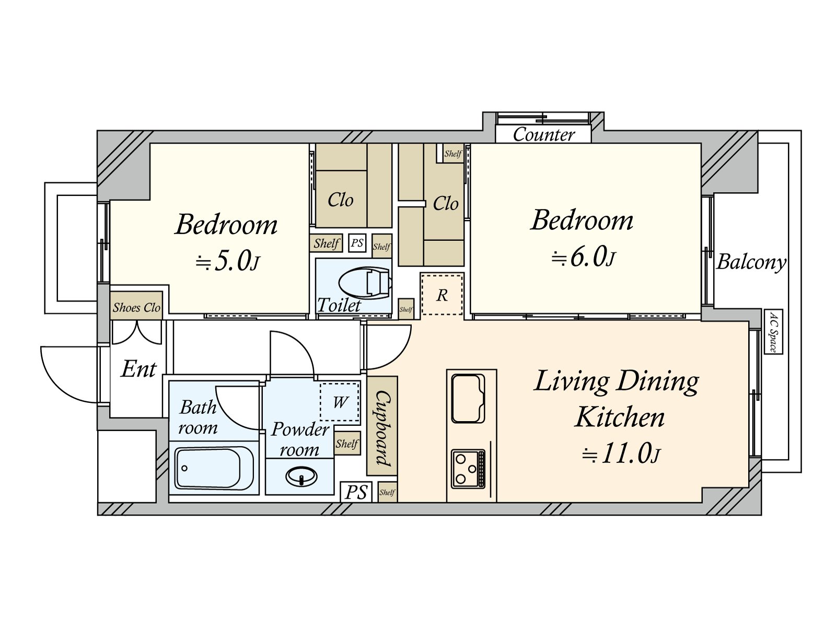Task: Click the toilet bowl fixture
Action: pyautogui.click(x=365, y=283)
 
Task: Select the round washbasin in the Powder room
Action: pyautogui.click(x=301, y=476)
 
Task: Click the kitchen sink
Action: pyautogui.click(x=468, y=399)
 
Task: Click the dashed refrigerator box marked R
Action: pyautogui.click(x=442, y=294)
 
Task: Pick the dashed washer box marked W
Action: pyautogui.click(x=339, y=402)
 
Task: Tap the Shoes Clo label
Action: pyautogui.click(x=136, y=307)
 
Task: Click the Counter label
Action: pyautogui.click(x=543, y=134)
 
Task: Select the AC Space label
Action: pyautogui.click(x=773, y=332)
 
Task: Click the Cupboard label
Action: pyautogui.click(x=383, y=428)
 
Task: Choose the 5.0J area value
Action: pyautogui.click(x=228, y=262)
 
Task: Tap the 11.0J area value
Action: pyautogui.click(x=622, y=453)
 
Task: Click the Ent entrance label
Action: pyautogui.click(x=138, y=369)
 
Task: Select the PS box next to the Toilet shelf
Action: pyautogui.click(x=357, y=242)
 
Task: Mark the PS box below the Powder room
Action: pyautogui.click(x=356, y=492)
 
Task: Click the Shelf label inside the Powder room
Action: pyautogui.click(x=347, y=444)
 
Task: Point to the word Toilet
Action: pyautogui.click(x=339, y=305)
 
